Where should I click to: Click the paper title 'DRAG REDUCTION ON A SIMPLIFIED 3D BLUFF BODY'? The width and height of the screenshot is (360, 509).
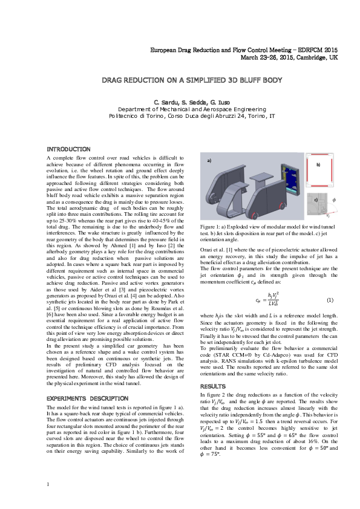click(x=180, y=80)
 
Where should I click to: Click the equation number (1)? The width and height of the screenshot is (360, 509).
click(x=330, y=300)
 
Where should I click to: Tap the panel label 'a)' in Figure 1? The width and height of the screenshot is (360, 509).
click(x=210, y=161)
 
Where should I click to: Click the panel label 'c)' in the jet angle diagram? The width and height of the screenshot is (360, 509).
click(x=315, y=198)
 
